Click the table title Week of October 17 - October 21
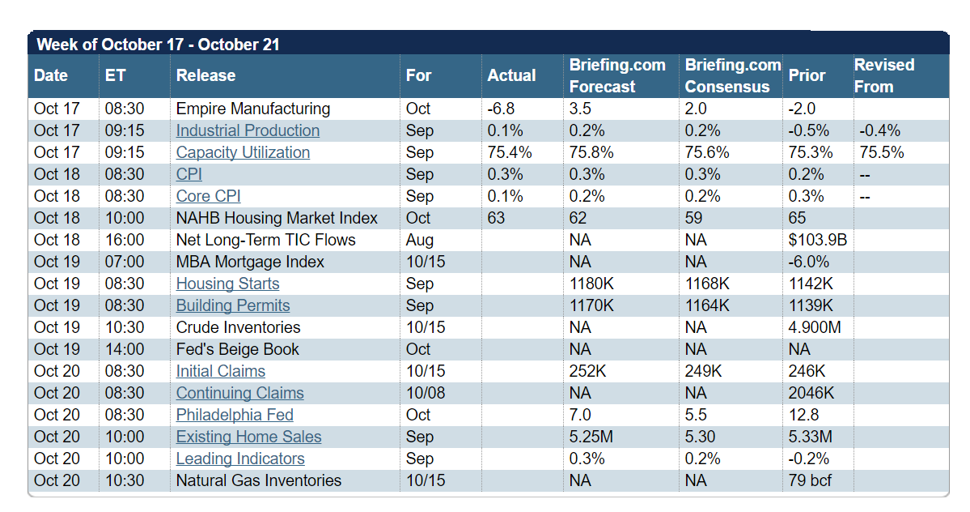[159, 45]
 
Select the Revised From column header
[884, 75]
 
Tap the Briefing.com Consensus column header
[732, 75]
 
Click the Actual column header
[511, 75]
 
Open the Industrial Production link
[248, 130]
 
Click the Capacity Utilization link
[243, 152]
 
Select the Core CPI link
[208, 196]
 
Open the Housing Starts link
[227, 284]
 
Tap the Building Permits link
[233, 305]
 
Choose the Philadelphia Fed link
[235, 415]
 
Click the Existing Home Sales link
[248, 437]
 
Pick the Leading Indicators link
[240, 459]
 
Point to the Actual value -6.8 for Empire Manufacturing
[501, 109]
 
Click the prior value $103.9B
[816, 240]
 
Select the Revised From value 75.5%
[881, 152]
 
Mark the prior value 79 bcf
[810, 480]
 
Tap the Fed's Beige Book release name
[237, 349]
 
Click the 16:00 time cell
[124, 240]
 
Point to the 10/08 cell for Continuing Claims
[426, 393]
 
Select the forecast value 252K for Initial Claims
[589, 371]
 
